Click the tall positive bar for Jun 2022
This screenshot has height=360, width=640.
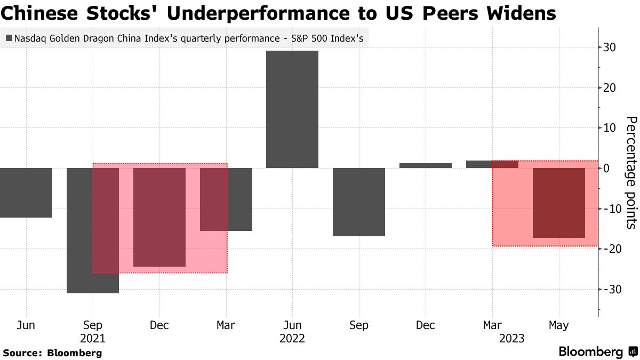292,109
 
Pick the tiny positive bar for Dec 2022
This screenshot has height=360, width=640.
425,165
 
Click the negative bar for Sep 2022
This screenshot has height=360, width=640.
359,202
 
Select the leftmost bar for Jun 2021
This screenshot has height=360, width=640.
26,193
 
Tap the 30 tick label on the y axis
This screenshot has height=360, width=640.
610,47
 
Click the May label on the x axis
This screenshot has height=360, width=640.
558,325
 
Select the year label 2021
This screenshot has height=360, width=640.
93,339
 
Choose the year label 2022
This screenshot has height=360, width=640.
292,339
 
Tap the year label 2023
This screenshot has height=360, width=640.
511,339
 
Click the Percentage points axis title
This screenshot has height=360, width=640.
631,172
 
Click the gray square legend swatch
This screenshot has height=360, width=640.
9,38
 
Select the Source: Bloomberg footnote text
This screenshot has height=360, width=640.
52,353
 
